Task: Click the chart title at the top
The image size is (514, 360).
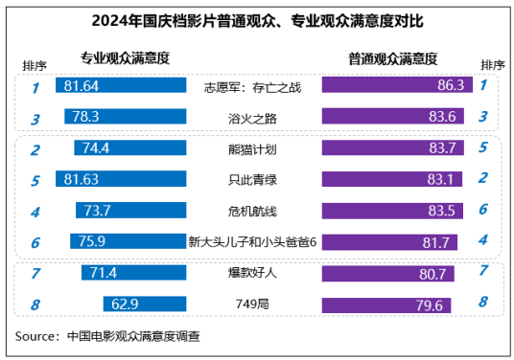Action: click(x=257, y=21)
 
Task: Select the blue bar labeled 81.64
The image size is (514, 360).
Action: click(x=121, y=85)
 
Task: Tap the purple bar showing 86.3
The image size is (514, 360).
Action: click(x=397, y=85)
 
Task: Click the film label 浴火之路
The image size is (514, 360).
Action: click(x=252, y=119)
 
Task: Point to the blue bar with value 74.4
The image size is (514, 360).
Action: click(x=130, y=147)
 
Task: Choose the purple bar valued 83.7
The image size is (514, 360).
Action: click(x=393, y=147)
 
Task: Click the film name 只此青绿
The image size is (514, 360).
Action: click(x=252, y=180)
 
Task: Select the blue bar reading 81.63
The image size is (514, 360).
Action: click(x=121, y=179)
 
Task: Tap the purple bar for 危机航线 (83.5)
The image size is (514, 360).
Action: click(x=392, y=211)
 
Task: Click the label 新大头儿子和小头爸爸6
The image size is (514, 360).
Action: click(x=252, y=242)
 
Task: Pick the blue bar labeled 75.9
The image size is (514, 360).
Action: click(x=128, y=241)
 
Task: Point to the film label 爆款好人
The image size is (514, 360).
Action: click(x=252, y=272)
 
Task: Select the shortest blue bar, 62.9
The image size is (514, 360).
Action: click(x=145, y=304)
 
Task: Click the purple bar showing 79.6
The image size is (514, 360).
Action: click(x=386, y=305)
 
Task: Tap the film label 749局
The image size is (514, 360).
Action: click(x=252, y=304)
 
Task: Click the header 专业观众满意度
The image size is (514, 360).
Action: click(x=126, y=58)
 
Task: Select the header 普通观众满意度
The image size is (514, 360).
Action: click(x=393, y=59)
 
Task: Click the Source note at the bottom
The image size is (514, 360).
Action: click(x=107, y=336)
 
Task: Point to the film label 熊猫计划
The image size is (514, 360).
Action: click(x=252, y=149)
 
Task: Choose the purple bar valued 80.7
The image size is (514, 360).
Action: click(x=388, y=274)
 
